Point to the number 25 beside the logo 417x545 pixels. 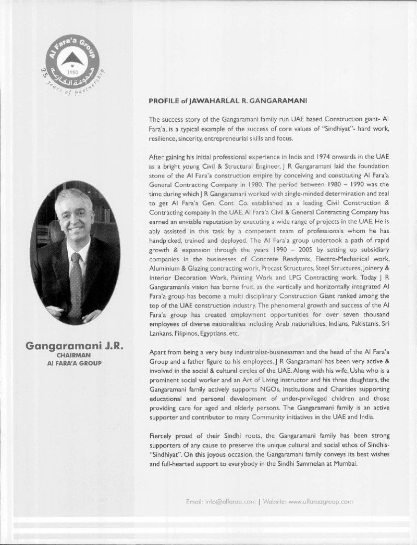(x=44, y=73)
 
